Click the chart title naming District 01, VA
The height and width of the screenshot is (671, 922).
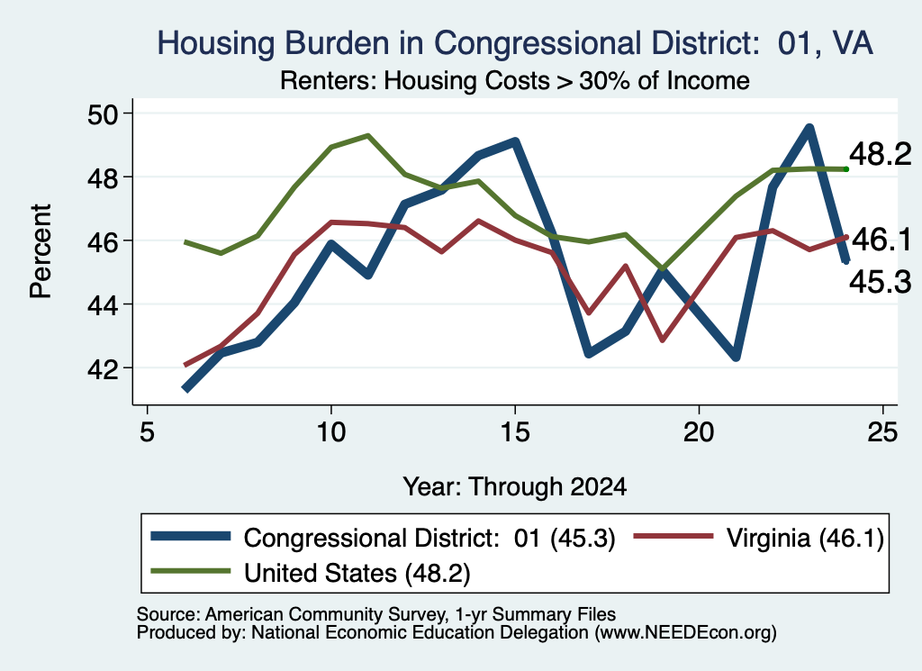click(x=514, y=43)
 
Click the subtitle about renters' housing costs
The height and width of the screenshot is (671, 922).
click(x=514, y=80)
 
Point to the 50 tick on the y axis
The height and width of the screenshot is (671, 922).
click(x=103, y=114)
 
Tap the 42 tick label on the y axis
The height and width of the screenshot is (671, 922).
click(x=103, y=369)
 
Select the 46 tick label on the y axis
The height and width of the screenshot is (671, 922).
click(x=103, y=241)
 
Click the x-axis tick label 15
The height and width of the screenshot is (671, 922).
click(x=515, y=432)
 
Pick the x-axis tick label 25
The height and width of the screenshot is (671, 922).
click(x=882, y=432)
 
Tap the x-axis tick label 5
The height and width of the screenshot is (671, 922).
click(x=147, y=432)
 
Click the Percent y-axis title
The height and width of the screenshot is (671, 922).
click(x=41, y=251)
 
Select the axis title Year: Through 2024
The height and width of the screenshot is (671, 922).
click(x=514, y=487)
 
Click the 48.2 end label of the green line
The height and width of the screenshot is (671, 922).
click(x=881, y=154)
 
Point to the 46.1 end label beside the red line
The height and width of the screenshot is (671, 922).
click(x=881, y=240)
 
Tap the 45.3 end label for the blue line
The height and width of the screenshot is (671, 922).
click(x=881, y=282)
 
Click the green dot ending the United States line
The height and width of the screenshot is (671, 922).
click(x=846, y=169)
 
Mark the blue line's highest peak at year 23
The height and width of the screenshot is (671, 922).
click(x=809, y=129)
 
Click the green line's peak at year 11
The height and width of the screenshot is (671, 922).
click(x=368, y=135)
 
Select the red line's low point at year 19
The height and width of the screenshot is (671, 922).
click(x=663, y=340)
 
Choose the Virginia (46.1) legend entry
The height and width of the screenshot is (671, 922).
click(x=758, y=538)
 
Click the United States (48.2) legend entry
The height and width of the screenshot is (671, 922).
click(x=311, y=572)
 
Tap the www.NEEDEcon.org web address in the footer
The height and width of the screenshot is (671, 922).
click(x=685, y=633)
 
